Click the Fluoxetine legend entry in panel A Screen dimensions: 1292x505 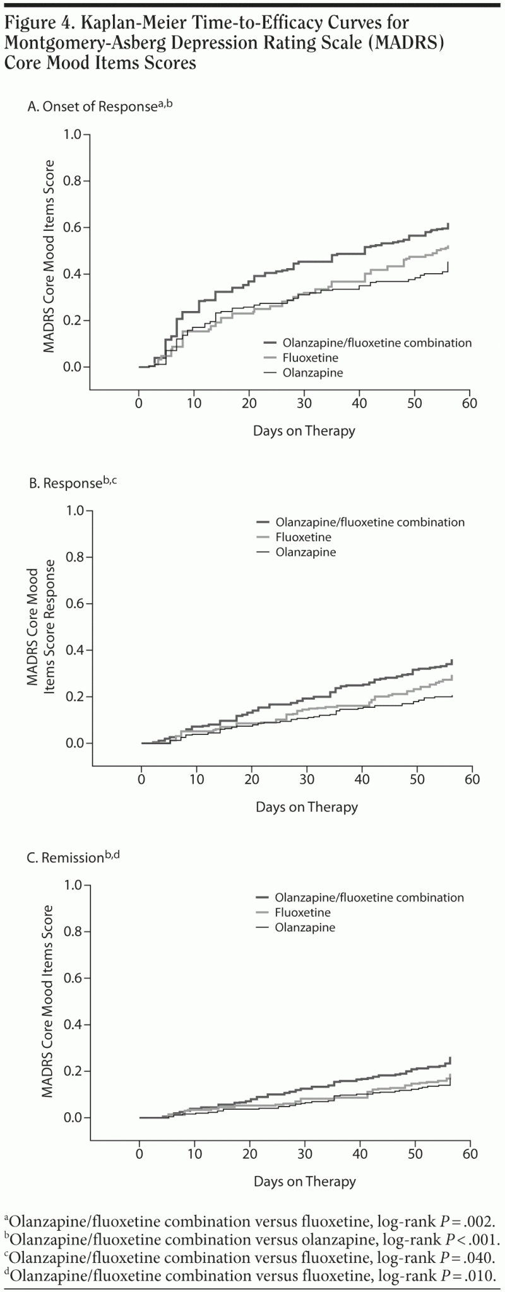click(x=310, y=358)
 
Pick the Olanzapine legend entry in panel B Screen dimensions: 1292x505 click(x=306, y=552)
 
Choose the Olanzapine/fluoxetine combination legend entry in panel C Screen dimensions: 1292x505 click(x=369, y=897)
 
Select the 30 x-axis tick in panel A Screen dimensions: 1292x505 click(x=304, y=404)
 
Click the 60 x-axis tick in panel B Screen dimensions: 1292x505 click(x=472, y=779)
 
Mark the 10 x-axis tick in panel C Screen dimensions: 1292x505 click(x=194, y=1154)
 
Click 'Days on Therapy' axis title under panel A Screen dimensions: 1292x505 click(x=304, y=432)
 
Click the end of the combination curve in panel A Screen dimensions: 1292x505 click(x=448, y=225)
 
